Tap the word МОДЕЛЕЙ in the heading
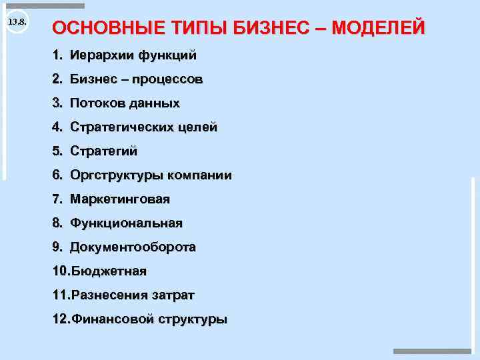(378, 29)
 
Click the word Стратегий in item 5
(103, 151)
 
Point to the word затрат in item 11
(175, 295)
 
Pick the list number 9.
(57, 247)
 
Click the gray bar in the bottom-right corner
(432, 351)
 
